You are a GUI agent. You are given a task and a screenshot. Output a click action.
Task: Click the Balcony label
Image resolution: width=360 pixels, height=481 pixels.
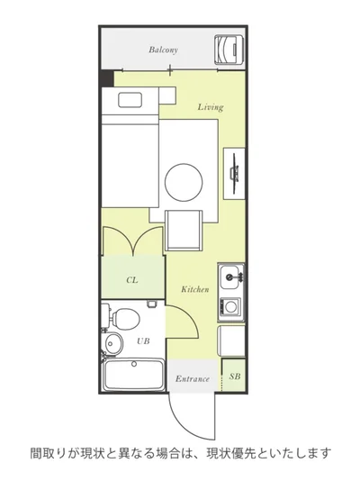(x=163, y=50)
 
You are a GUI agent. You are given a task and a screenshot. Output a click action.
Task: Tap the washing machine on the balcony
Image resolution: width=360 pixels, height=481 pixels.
(x=229, y=50)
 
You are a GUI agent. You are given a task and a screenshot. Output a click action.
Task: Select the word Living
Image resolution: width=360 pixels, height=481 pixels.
(x=211, y=107)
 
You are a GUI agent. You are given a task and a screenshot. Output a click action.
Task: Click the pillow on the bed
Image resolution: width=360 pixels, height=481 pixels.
(x=130, y=100)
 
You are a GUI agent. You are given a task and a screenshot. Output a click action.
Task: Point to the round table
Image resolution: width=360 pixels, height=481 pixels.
(x=184, y=182)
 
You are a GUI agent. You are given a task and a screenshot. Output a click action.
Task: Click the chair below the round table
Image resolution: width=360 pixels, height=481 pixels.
(x=184, y=231)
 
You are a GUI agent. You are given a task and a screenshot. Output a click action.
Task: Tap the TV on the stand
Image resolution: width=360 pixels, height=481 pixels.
(x=235, y=173)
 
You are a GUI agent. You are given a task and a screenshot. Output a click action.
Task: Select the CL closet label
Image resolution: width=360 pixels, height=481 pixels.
(x=132, y=280)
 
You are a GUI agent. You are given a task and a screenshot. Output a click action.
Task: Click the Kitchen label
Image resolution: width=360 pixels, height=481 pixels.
(x=195, y=289)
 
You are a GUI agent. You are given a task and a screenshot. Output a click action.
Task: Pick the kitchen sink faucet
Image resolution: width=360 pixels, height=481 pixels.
(x=235, y=277)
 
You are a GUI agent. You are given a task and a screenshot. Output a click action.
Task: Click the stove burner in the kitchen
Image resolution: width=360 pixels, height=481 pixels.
(x=229, y=306)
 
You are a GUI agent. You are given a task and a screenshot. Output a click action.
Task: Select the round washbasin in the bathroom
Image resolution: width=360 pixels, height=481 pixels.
(x=113, y=343)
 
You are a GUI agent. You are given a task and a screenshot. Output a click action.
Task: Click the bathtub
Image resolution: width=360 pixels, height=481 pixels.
(x=133, y=375)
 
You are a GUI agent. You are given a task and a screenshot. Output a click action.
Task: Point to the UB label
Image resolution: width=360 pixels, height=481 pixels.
(x=143, y=340)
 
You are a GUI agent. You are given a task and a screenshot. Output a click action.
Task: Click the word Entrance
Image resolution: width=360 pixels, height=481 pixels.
(x=193, y=379)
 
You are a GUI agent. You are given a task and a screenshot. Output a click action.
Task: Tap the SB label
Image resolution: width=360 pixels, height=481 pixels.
(x=235, y=377)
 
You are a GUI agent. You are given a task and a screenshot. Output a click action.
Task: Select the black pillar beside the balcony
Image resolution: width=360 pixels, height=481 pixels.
(x=107, y=78)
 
